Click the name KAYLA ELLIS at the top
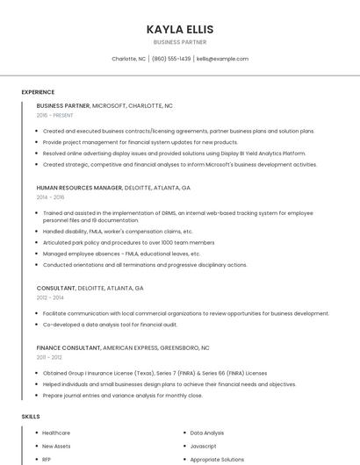point(180,29)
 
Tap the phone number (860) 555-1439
point(171,59)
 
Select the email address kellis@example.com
point(222,59)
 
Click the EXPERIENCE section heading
point(38,91)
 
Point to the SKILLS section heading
point(31,416)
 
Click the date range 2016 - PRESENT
point(54,115)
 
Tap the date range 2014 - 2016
point(50,197)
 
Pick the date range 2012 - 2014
point(50,297)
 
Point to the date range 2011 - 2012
point(49,357)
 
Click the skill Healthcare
point(56,433)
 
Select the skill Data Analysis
point(207,433)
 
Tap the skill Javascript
point(203,446)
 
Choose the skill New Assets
point(56,446)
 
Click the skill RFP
point(47,459)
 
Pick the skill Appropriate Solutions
point(217,459)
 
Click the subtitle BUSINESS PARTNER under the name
point(180,42)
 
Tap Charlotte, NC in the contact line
point(129,59)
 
